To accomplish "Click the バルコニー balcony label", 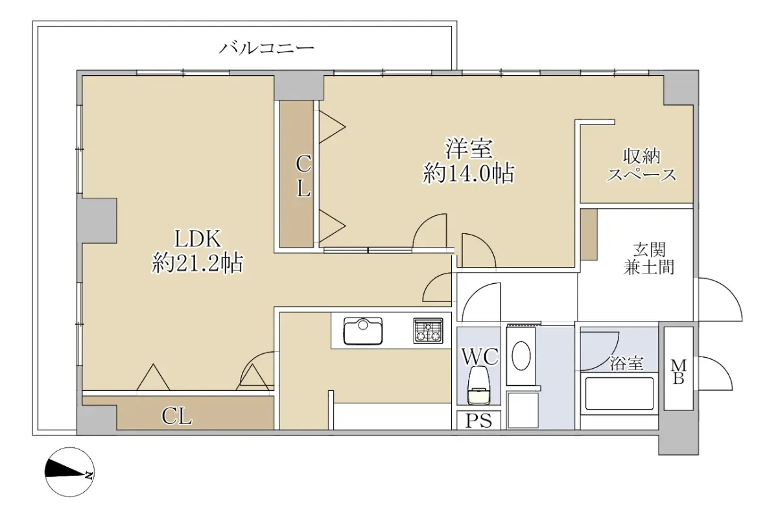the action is click(x=266, y=48).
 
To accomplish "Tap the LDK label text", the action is click(x=198, y=239).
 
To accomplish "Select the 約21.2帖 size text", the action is click(x=198, y=264).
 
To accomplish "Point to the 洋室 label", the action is click(x=469, y=148).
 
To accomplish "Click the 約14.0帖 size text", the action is click(x=469, y=173).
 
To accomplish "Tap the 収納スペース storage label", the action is click(x=641, y=166).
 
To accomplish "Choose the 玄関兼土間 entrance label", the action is click(x=648, y=259).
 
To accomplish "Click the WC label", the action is click(x=480, y=356).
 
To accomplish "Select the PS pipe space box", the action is click(x=478, y=421).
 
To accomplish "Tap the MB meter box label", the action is click(x=678, y=372).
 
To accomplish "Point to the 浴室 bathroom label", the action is click(x=626, y=363).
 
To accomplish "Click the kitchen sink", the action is click(x=363, y=331).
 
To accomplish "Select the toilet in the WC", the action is click(x=478, y=385).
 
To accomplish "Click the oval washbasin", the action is click(x=521, y=356).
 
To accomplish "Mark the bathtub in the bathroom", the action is click(x=619, y=394).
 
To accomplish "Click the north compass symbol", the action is click(x=70, y=472).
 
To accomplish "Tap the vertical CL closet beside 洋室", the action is click(x=297, y=174).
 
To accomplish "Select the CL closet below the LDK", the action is click(x=177, y=414).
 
